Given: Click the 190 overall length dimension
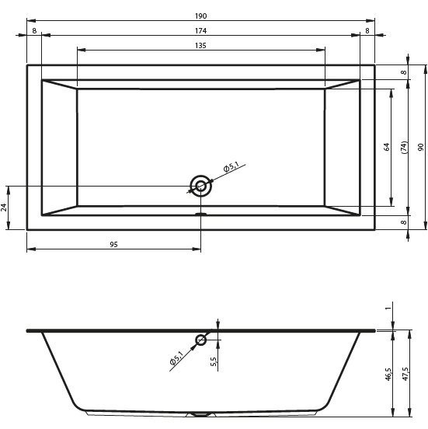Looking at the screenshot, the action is pyautogui.click(x=200, y=16).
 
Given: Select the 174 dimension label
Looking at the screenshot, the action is pyautogui.click(x=200, y=31).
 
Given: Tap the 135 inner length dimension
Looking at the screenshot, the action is pyautogui.click(x=200, y=46).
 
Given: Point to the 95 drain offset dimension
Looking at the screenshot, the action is pyautogui.click(x=113, y=245).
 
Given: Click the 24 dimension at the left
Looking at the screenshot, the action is pyautogui.click(x=4, y=208).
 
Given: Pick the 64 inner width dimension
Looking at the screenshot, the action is pyautogui.click(x=387, y=147).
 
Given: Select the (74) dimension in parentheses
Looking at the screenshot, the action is pyautogui.click(x=404, y=147).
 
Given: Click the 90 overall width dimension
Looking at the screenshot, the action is pyautogui.click(x=420, y=147).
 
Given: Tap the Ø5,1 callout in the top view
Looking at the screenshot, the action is pyautogui.click(x=231, y=166).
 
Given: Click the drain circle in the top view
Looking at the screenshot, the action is pyautogui.click(x=201, y=186).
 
